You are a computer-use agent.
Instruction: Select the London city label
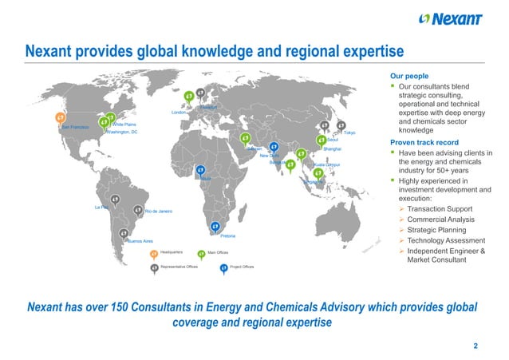pos(179,113)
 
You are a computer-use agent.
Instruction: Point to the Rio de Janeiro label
pos(159,211)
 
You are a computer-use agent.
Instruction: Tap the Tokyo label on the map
pos(349,133)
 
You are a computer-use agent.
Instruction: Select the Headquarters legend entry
pos(172,252)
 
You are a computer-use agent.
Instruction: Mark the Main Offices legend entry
pos(218,252)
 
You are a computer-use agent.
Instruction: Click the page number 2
pos(475,346)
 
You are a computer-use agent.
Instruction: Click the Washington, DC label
pos(122,132)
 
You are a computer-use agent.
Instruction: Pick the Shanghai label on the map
pos(333,149)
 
